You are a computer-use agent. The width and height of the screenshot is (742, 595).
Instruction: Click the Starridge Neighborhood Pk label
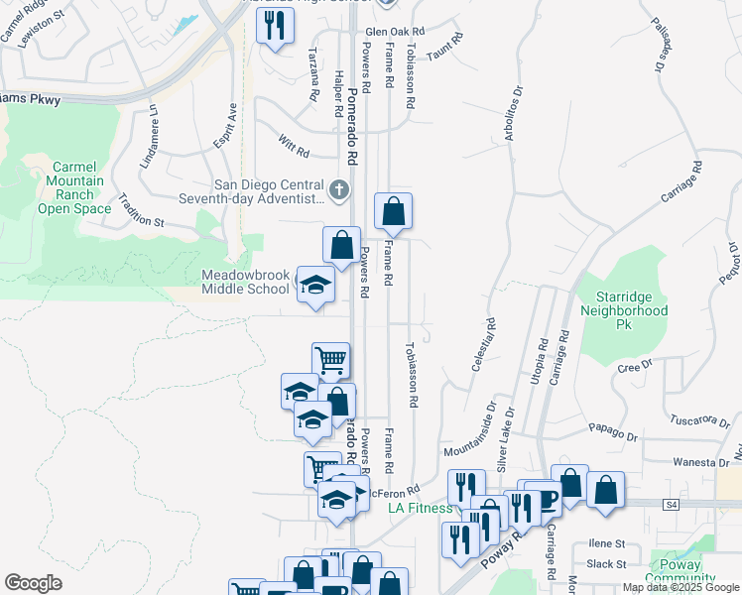(x=631, y=310)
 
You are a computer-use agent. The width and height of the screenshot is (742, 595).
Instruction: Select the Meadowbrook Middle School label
(x=244, y=282)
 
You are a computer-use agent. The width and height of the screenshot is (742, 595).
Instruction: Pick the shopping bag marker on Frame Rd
(x=393, y=211)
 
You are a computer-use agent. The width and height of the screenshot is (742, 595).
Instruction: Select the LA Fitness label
(x=420, y=508)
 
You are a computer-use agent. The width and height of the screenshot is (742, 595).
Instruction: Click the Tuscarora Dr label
(x=699, y=421)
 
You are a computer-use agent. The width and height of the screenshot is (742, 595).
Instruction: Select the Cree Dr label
(x=632, y=366)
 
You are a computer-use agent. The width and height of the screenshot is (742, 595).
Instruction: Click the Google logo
(x=33, y=583)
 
